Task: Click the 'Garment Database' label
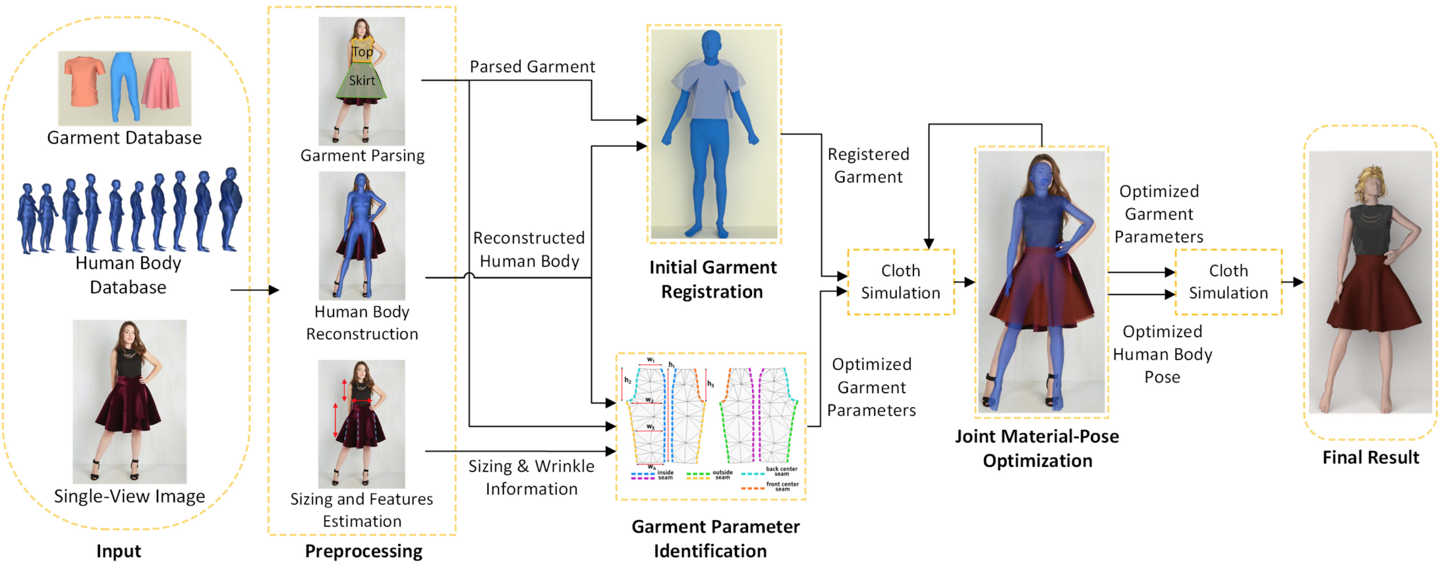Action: pyautogui.click(x=124, y=138)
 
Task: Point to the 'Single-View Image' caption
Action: pyautogui.click(x=129, y=496)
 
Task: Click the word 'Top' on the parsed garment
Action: pyautogui.click(x=362, y=52)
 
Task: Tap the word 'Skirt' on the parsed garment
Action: pyautogui.click(x=362, y=81)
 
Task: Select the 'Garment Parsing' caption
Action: pyautogui.click(x=362, y=155)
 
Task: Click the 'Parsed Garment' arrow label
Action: pyautogui.click(x=532, y=67)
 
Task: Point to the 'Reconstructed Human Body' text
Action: pyautogui.click(x=529, y=250)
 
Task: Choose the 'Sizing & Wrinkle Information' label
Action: pyautogui.click(x=531, y=477)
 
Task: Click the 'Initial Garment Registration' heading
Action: pyautogui.click(x=712, y=279)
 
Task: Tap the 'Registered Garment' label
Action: pyautogui.click(x=868, y=165)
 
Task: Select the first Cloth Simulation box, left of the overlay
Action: pyautogui.click(x=900, y=282)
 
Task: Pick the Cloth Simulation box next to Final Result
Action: pyautogui.click(x=1228, y=282)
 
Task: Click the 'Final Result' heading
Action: pyautogui.click(x=1370, y=458)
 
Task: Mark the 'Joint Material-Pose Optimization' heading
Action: pyautogui.click(x=1037, y=448)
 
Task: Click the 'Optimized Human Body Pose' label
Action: pyautogui.click(x=1162, y=354)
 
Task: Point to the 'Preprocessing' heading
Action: pyautogui.click(x=363, y=551)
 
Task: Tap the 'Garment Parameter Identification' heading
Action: pyautogui.click(x=714, y=539)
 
